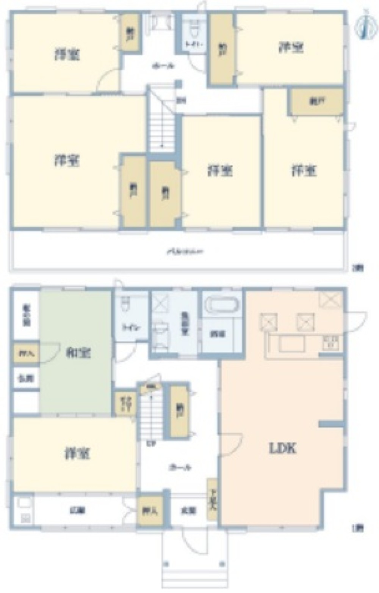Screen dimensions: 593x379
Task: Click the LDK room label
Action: (x=282, y=448)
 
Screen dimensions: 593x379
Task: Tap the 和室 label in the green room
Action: (x=78, y=353)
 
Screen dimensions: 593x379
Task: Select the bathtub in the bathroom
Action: (x=222, y=305)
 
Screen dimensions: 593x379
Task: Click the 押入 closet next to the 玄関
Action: (x=150, y=511)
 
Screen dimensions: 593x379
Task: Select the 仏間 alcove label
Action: (x=26, y=378)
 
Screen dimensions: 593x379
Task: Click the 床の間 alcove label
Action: (x=26, y=315)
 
